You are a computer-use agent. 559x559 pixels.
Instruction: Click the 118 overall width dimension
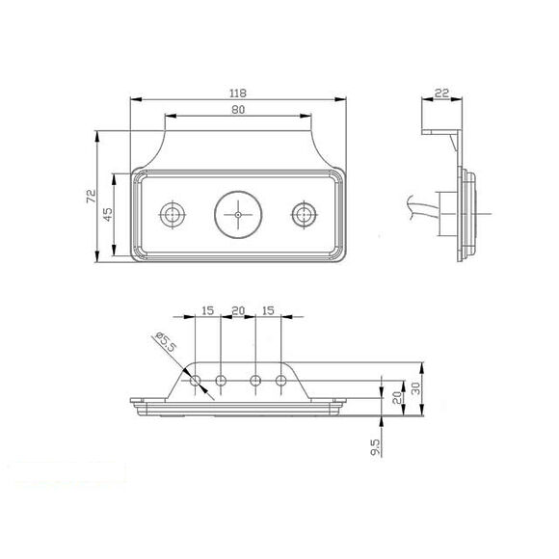coord(238,93)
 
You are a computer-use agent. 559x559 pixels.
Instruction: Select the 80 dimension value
coord(238,111)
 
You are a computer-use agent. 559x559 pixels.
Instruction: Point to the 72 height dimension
coord(90,196)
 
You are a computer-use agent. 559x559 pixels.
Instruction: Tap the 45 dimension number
coord(108,213)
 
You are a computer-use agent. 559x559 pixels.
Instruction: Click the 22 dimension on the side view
coord(441,93)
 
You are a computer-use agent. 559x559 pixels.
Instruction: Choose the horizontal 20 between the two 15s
coord(238,311)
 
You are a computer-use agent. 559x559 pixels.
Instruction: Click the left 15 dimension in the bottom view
coord(207,311)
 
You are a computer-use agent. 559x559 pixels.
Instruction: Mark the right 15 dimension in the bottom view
coord(269,311)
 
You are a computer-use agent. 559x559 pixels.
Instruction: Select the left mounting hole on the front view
coord(173,213)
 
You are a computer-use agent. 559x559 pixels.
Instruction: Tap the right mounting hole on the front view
coord(305,213)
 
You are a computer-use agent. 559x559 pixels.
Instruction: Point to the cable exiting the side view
coord(422,207)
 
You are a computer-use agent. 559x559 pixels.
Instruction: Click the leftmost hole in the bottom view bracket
coord(197,382)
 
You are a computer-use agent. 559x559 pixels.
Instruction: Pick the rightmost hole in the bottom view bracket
coord(281,382)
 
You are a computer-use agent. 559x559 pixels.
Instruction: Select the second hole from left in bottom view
coord(222,382)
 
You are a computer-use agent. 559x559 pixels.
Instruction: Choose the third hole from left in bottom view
coord(255,382)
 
